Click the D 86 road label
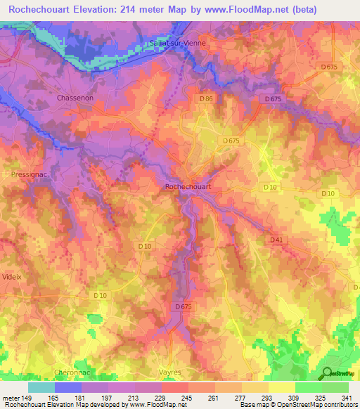(x=206, y=99)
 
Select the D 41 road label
(x=276, y=240)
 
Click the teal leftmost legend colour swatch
(x=41, y=387)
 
